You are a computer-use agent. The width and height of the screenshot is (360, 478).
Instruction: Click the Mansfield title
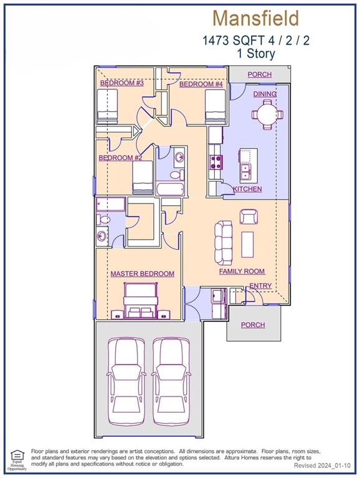coord(255,18)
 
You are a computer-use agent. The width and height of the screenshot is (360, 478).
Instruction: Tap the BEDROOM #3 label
coord(122,83)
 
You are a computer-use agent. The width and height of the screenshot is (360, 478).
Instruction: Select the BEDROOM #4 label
coord(201,84)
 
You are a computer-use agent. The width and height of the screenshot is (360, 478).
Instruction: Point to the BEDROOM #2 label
coord(120,158)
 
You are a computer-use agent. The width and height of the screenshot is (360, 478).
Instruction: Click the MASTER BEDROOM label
coord(142,274)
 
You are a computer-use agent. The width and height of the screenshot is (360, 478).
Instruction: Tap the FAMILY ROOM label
coord(242,271)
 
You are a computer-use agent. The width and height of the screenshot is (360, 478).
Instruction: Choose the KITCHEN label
coord(247,189)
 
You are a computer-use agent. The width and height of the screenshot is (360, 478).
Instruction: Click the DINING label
coord(265,94)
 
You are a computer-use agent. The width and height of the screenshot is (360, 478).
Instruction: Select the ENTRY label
coord(260,286)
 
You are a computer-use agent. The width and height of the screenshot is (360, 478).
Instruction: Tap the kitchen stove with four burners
coord(216,162)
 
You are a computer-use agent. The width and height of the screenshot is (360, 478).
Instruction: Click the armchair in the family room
coord(249,216)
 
